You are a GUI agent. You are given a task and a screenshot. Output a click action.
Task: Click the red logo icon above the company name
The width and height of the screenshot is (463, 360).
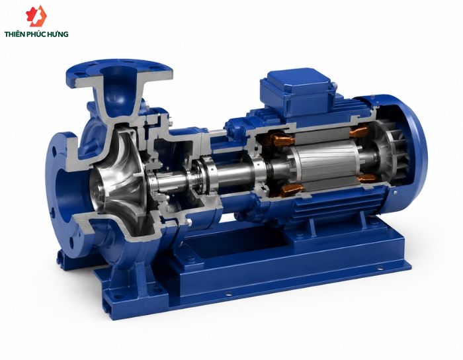(36, 16)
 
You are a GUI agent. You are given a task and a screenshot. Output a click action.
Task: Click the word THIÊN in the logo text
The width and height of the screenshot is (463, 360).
(14, 34)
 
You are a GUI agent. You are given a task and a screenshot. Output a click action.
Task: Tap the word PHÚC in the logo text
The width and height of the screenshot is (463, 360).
(37, 34)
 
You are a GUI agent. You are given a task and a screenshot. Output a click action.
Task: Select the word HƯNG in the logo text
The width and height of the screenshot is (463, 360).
(59, 34)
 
